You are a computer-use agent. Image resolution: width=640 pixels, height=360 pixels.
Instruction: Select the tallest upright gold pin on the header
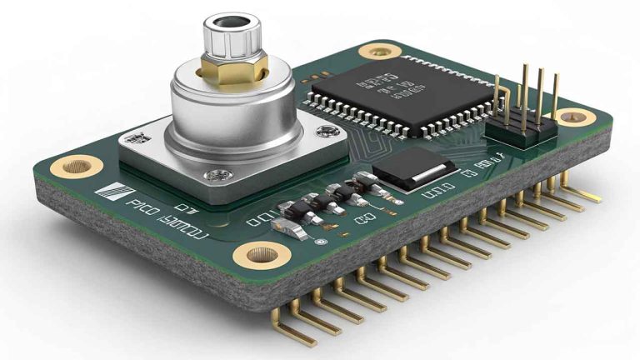[527, 92]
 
